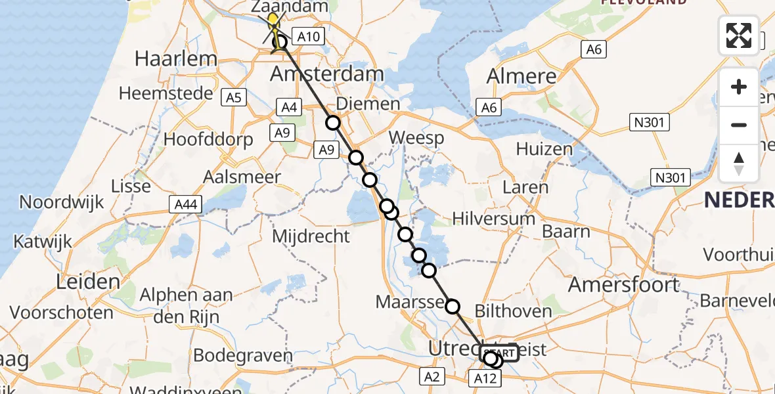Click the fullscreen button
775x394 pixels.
tap(739, 35)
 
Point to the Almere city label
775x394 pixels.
tap(521, 76)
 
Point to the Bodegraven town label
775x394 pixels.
tap(243, 356)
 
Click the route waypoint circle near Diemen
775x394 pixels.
tap(333, 123)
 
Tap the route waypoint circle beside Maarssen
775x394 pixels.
tap(453, 306)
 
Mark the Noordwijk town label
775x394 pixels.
tap(62, 202)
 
